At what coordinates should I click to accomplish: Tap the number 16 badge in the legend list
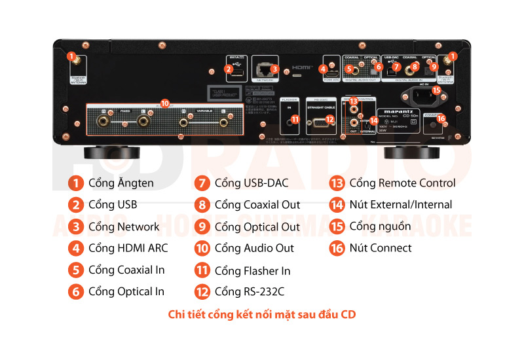click(337, 248)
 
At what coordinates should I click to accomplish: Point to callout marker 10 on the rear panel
click(164, 103)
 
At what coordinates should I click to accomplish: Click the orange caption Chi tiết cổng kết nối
click(262, 315)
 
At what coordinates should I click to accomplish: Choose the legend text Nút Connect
click(381, 248)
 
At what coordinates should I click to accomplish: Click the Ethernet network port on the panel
click(264, 68)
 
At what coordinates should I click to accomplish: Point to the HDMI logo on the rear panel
click(302, 67)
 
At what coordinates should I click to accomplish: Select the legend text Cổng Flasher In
click(252, 270)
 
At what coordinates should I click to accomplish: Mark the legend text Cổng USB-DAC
click(251, 183)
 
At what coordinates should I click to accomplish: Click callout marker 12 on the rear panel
click(330, 119)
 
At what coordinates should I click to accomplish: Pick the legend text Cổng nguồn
click(380, 226)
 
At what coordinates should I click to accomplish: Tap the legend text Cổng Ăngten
click(121, 183)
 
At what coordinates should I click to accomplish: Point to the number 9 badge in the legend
click(203, 226)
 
